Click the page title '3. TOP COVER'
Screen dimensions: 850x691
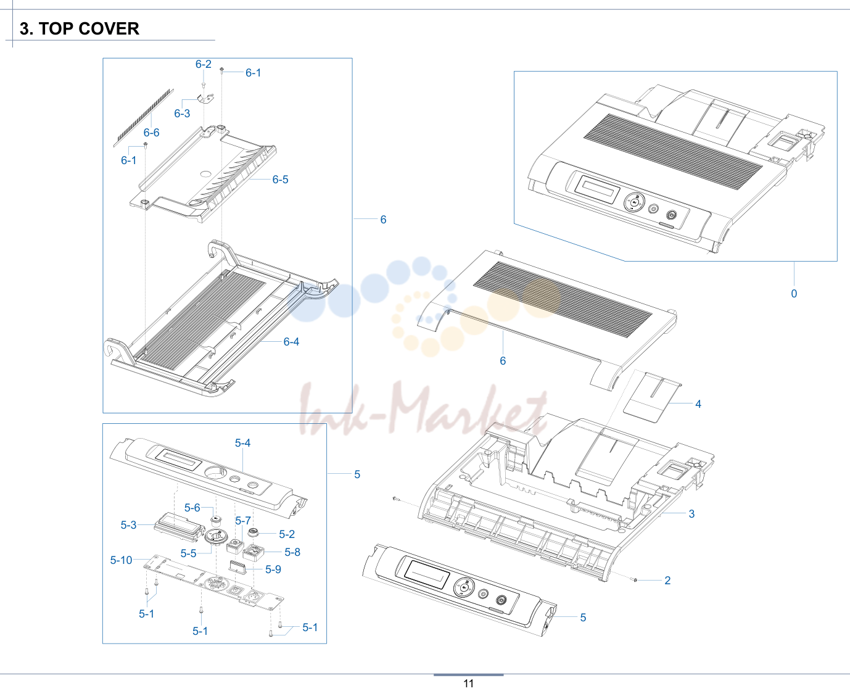[x=80, y=29]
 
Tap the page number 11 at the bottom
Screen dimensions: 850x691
[x=469, y=684]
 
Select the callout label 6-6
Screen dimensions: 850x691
[x=151, y=133]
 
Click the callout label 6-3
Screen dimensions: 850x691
[x=182, y=114]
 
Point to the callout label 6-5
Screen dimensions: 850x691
[x=280, y=180]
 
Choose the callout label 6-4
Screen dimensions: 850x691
[x=291, y=342]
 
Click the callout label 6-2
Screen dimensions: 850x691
[x=203, y=64]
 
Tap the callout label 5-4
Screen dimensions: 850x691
[x=242, y=443]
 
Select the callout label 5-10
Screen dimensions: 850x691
[x=121, y=560]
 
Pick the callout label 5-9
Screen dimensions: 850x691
[x=273, y=569]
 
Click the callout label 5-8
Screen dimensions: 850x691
[x=292, y=552]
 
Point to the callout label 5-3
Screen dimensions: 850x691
[x=128, y=525]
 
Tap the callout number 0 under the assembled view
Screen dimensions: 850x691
[x=794, y=294]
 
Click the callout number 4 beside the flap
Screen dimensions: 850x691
[x=698, y=404]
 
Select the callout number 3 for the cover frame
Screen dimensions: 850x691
[x=691, y=514]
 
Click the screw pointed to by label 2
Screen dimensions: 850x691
[x=635, y=579]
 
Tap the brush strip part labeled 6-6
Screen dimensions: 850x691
[x=144, y=117]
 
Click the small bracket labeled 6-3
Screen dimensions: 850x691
[x=206, y=98]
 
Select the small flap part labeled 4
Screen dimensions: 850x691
[x=653, y=397]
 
